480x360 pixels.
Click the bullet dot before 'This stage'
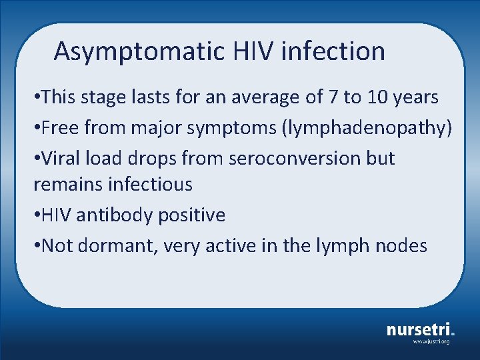point(37,98)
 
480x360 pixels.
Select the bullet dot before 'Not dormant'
point(37,246)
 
